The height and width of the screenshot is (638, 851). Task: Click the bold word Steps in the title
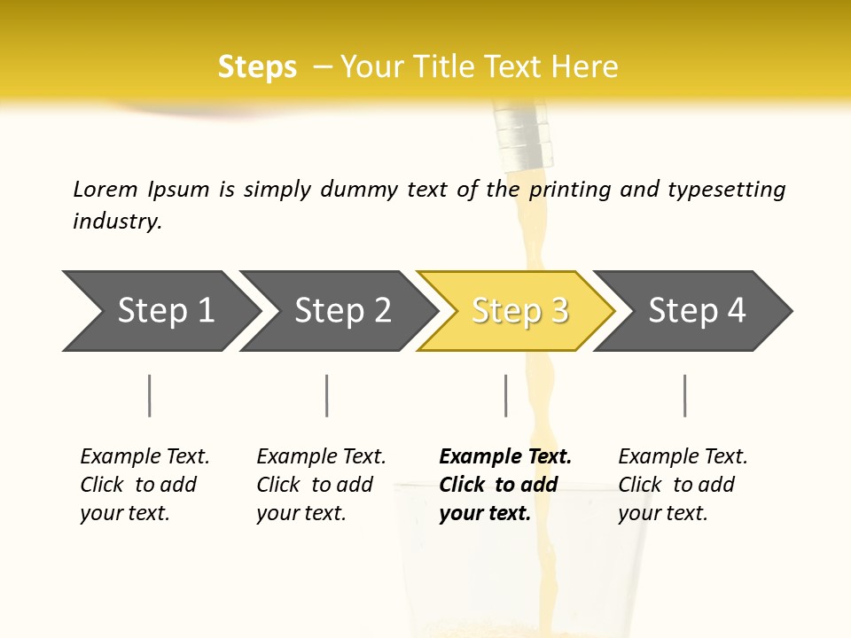(x=257, y=67)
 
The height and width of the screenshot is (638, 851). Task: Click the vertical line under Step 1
(x=150, y=395)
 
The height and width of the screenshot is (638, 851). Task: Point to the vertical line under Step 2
(x=327, y=395)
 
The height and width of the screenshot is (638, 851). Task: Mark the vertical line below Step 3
(x=505, y=395)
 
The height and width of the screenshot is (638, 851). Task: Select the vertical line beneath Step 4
(x=684, y=395)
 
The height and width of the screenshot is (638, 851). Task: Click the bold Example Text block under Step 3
(x=504, y=485)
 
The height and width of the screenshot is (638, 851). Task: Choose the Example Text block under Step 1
(x=144, y=485)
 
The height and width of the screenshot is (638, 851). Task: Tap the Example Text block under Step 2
(x=321, y=485)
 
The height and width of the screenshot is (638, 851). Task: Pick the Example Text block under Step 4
(x=683, y=485)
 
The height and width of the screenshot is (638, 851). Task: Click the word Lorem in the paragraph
(x=105, y=190)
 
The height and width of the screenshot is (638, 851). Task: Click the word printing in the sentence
(x=570, y=190)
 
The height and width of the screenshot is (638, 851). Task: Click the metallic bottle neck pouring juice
(x=525, y=136)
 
